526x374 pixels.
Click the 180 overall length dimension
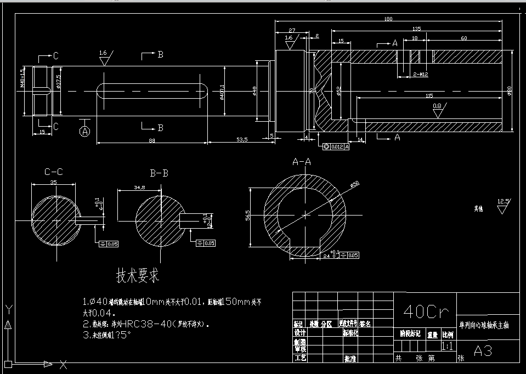click(x=389, y=19)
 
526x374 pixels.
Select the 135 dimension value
click(x=417, y=29)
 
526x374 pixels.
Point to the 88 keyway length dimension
click(x=152, y=140)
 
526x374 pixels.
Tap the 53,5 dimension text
click(x=242, y=140)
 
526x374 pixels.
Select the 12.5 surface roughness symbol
click(x=502, y=205)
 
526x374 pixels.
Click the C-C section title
click(x=54, y=172)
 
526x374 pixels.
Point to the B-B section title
click(x=159, y=173)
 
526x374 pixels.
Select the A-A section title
click(x=302, y=162)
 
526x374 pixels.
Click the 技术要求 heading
click(x=138, y=276)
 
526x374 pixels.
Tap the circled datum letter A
click(x=84, y=132)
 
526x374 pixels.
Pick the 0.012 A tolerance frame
click(x=336, y=146)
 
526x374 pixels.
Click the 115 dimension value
click(x=429, y=95)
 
